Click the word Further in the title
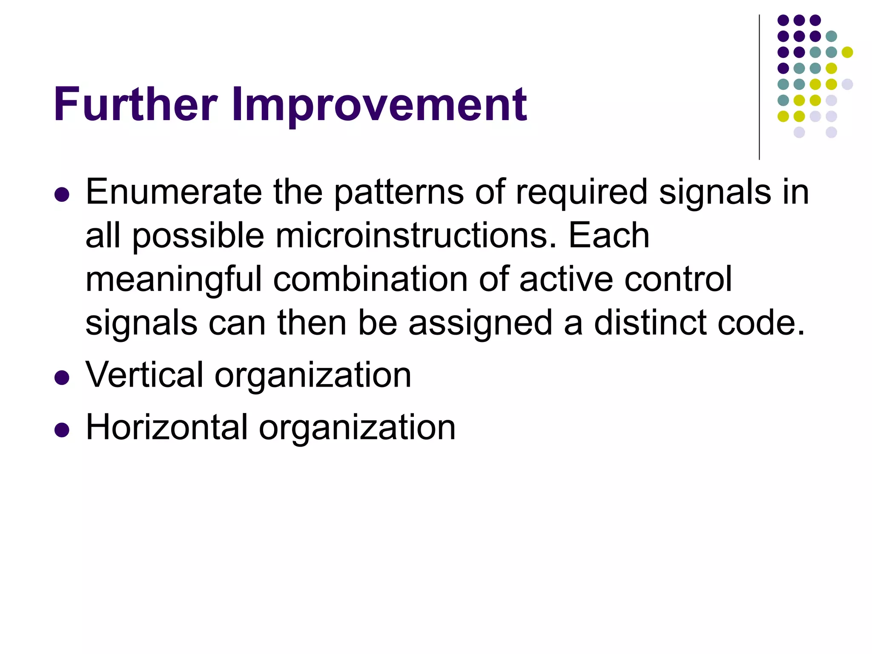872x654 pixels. click(135, 104)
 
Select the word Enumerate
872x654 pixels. click(173, 192)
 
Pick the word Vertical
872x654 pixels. click(144, 375)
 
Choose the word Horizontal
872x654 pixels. click(166, 427)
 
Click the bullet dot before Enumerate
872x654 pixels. click(62, 195)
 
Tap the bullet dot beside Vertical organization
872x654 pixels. click(62, 378)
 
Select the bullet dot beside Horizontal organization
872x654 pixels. click(62, 430)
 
